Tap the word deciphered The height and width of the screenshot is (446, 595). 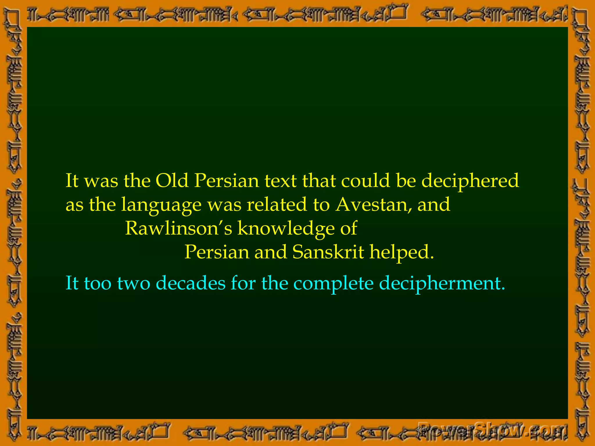[x=470, y=181]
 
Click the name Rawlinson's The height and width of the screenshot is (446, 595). [x=178, y=228]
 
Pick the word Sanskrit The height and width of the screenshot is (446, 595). [x=328, y=252]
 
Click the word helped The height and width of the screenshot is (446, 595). [x=402, y=252]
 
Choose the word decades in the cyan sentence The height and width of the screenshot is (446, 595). [x=191, y=283]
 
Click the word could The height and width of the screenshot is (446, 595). [x=365, y=181]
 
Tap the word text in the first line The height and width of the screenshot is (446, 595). [x=280, y=181]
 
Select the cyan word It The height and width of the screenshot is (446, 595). [x=72, y=283]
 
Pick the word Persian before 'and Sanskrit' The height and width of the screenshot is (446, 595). [x=217, y=252]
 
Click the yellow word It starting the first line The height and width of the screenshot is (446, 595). [x=72, y=181]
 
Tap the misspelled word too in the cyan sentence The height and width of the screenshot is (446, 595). [x=98, y=283]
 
